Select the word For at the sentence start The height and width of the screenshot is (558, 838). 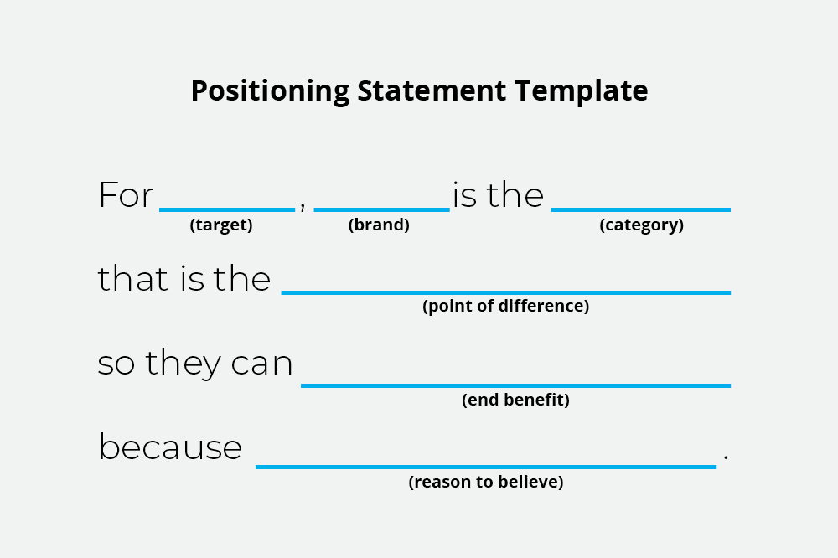pos(126,196)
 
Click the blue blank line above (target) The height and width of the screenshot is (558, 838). pos(227,209)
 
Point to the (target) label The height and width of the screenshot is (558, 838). pos(221,225)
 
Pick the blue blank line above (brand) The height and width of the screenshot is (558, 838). pos(381,209)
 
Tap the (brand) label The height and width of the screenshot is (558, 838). pos(379,225)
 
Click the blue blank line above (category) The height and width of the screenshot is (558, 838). pos(640,209)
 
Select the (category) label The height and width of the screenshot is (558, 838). pos(641,225)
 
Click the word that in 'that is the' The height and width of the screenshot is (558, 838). pos(134,279)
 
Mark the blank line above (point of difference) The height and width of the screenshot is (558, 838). pos(505,292)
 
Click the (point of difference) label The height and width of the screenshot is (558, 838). pos(505,306)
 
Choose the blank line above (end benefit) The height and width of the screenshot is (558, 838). pos(515,385)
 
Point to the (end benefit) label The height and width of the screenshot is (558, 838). pos(515,400)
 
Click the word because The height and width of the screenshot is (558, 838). pos(170,447)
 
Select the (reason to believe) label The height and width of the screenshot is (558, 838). pos(486,482)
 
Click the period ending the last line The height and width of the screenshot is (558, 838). pos(726,457)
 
